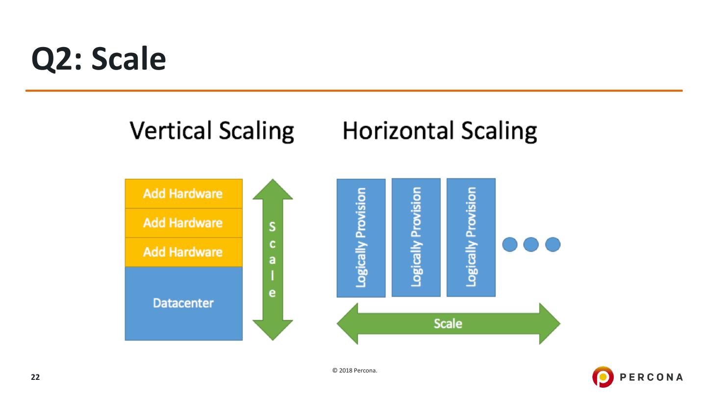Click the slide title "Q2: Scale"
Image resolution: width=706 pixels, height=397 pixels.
(99, 60)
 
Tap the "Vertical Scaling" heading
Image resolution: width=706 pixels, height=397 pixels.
(212, 131)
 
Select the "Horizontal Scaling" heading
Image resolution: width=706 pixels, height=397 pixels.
(439, 131)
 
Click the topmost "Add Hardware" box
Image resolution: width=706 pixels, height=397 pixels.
(183, 194)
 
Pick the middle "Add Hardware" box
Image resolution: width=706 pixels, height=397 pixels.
(183, 223)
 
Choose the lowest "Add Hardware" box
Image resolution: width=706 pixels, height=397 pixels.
(183, 252)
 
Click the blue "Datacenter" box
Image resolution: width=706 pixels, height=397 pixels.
(183, 303)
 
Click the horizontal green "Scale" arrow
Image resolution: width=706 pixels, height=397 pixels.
(448, 323)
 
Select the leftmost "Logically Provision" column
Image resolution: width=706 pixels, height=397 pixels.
(361, 238)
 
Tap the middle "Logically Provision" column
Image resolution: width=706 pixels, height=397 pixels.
(416, 237)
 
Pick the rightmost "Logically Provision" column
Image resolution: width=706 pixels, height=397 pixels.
(471, 237)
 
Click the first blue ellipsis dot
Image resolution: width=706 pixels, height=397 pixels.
(510, 244)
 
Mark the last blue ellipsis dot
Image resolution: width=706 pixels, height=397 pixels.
(553, 244)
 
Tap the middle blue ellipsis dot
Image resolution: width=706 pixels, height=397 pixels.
(531, 244)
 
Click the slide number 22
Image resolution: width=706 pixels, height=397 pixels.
(35, 377)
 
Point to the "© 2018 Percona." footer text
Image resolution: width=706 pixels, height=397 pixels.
(354, 371)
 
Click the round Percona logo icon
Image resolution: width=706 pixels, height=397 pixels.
(603, 376)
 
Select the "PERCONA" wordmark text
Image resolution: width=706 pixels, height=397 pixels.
(651, 377)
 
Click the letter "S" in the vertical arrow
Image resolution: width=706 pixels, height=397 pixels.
(273, 227)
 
